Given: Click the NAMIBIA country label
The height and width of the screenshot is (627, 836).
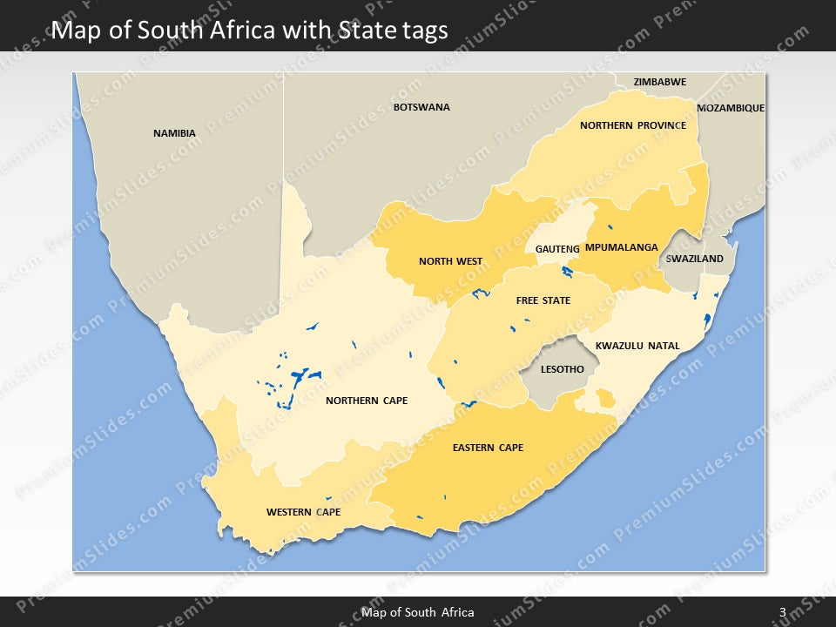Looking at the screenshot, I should click(174, 133).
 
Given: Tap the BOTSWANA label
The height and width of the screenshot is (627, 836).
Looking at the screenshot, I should click(421, 107).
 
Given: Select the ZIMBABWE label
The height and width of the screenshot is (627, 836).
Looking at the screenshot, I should click(659, 82).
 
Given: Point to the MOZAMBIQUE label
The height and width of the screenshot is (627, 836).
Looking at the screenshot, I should click(730, 108).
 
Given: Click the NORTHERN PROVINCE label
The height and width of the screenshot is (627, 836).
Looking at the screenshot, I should click(632, 125).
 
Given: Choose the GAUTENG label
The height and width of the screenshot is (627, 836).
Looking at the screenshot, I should click(557, 249).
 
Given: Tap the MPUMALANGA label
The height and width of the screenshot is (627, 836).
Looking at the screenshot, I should click(621, 247).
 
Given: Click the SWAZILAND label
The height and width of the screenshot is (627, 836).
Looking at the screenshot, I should click(694, 259).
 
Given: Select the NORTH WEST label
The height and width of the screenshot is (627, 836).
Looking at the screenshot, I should click(450, 261).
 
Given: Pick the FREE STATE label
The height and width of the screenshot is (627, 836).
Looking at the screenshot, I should click(543, 300).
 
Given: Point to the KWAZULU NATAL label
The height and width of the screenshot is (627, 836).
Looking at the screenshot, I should click(637, 346).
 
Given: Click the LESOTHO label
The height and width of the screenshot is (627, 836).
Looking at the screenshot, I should click(562, 369).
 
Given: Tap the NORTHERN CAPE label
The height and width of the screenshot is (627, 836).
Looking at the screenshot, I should click(366, 401).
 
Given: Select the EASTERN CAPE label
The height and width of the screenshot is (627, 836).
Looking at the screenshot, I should click(488, 448).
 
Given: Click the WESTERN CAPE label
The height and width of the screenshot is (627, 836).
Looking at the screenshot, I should click(303, 512).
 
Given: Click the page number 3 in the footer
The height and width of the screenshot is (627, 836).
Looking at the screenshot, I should click(782, 612).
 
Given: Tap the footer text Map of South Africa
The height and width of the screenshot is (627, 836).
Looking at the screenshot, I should click(418, 612).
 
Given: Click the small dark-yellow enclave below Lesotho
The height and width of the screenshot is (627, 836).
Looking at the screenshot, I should click(604, 399).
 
